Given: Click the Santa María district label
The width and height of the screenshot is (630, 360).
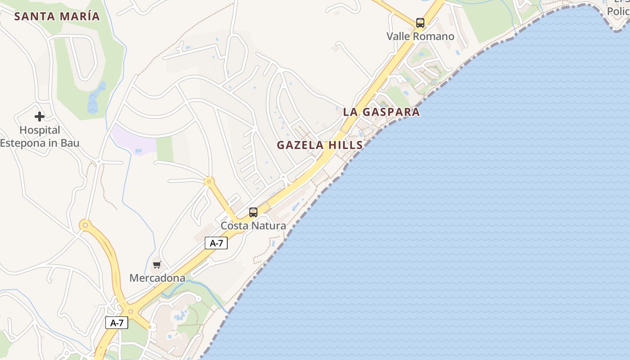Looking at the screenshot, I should [x=57, y=17].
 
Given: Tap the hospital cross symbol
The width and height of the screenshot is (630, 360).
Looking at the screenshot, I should [x=40, y=117].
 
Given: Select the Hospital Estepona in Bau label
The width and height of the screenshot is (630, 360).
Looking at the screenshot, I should [x=40, y=137].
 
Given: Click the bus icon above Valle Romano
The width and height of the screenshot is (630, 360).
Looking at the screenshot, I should [x=420, y=22].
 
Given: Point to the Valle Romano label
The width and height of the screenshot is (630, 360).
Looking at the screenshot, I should [x=420, y=36].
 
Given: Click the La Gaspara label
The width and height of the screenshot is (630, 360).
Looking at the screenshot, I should [x=381, y=112].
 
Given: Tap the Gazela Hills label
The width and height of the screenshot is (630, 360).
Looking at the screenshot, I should [x=319, y=145].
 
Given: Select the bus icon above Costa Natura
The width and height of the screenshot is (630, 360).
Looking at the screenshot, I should [x=253, y=212].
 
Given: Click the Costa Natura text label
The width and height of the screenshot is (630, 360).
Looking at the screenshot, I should [x=253, y=226].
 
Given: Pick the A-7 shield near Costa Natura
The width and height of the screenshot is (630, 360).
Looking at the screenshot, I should [x=216, y=243].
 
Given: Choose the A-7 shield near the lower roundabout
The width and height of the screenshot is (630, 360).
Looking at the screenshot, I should [x=117, y=322].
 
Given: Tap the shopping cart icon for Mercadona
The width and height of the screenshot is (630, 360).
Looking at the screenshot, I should [x=157, y=265].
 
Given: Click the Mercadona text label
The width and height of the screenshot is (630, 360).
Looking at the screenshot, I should [x=157, y=278].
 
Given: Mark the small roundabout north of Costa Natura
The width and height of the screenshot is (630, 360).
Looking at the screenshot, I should [x=209, y=182].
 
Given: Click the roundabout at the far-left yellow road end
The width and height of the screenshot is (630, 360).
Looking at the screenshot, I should [x=85, y=225].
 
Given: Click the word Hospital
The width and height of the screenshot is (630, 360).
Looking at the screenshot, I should [x=40, y=130].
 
